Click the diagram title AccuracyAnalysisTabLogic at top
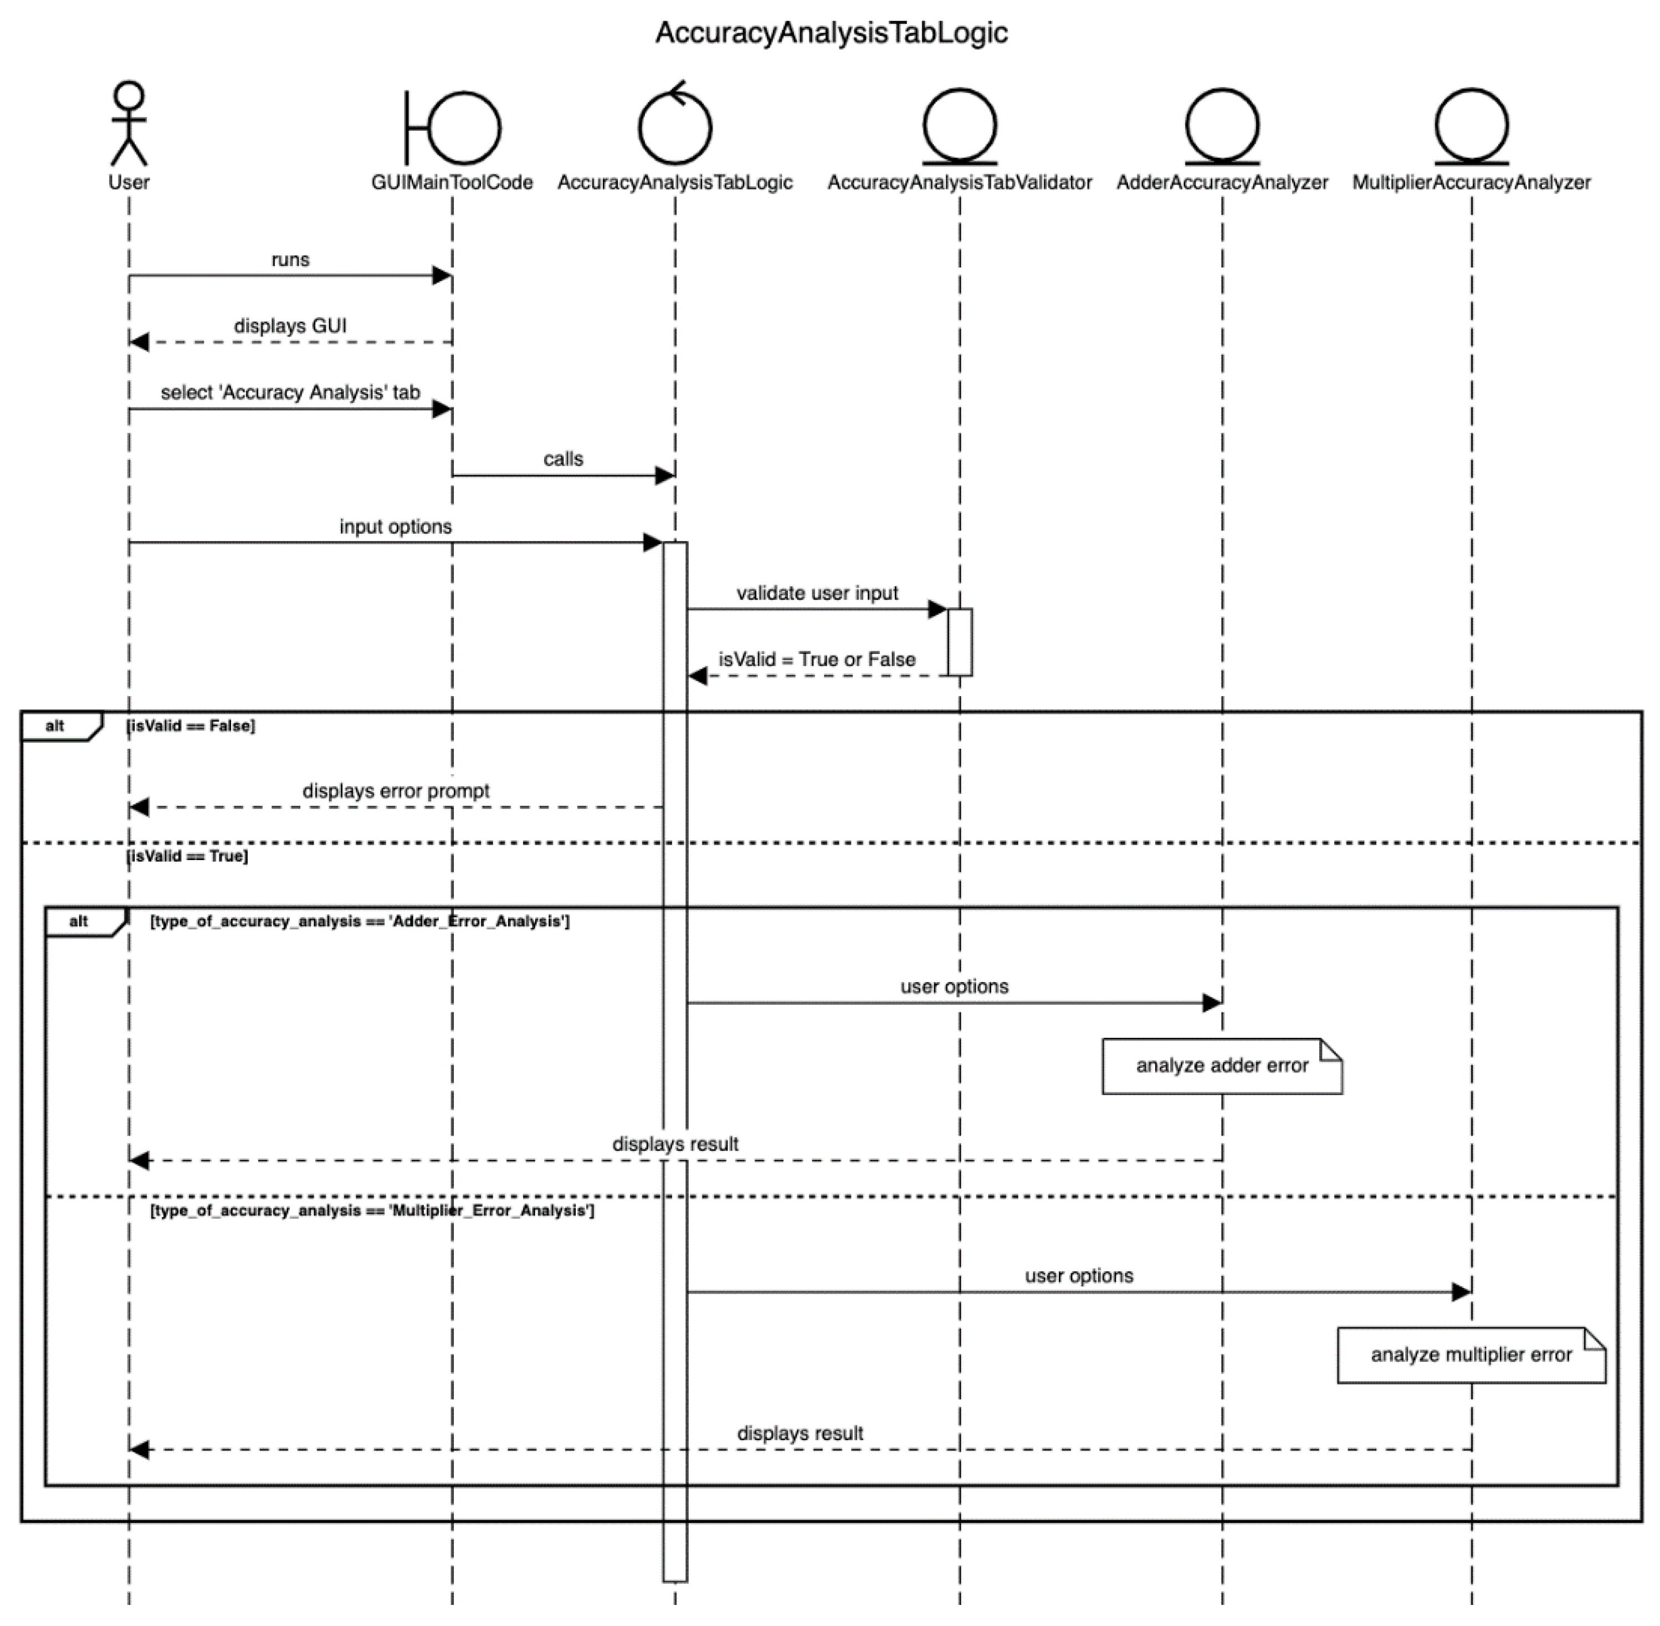coord(831,33)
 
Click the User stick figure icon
coord(129,124)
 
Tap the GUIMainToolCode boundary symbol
coord(453,128)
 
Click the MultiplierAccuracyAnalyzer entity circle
coord(1471,126)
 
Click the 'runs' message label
coord(290,259)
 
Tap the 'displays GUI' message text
coord(290,326)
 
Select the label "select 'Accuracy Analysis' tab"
coord(290,393)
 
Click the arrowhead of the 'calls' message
coord(664,475)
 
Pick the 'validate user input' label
coord(817,594)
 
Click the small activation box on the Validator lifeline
coord(960,642)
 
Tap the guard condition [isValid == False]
coord(191,726)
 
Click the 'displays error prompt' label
coord(396,791)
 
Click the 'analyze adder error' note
coord(1222,1066)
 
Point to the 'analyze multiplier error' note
coord(1471,1356)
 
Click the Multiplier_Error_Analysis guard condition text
coord(372,1211)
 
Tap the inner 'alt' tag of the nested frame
coord(79,922)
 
